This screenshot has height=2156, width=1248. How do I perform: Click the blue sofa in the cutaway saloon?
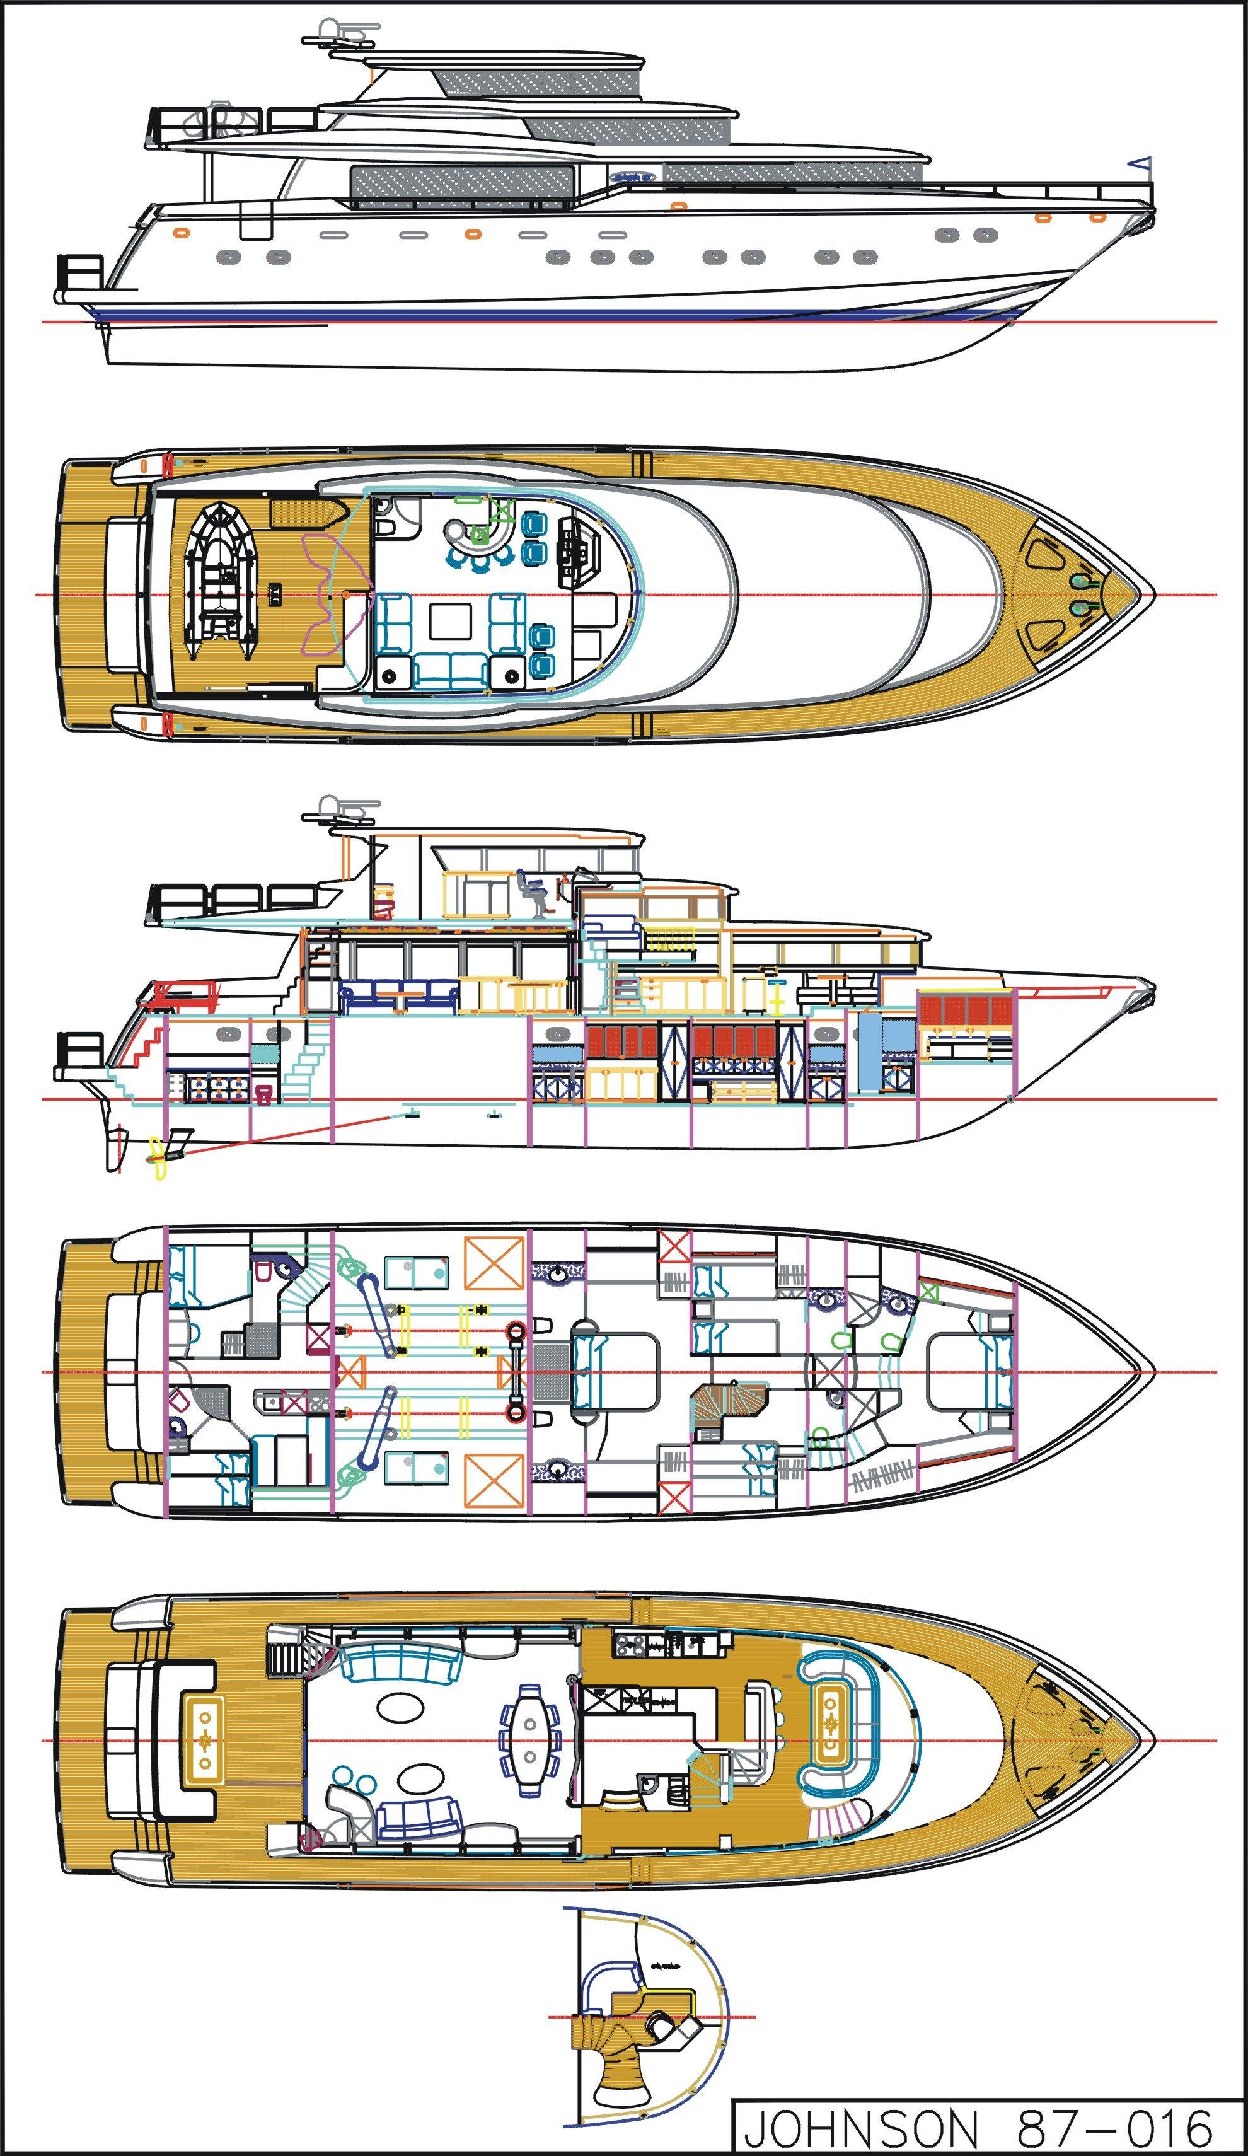(x=396, y=992)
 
